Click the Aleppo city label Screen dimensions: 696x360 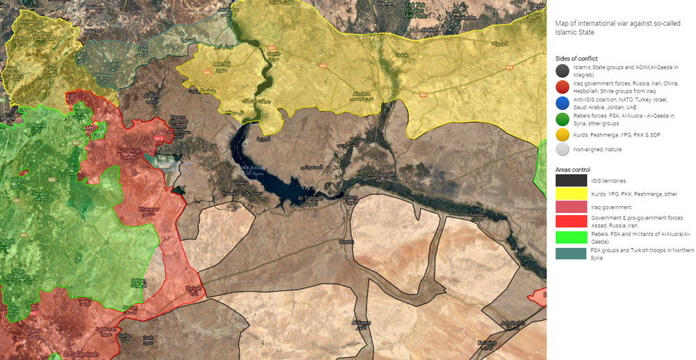[x=93, y=128]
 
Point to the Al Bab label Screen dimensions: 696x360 [x=153, y=95]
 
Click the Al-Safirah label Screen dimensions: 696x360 [x=130, y=150]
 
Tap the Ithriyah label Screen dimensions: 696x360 [x=193, y=288]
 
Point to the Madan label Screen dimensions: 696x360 [x=478, y=214]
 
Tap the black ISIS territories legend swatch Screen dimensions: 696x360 [x=569, y=180]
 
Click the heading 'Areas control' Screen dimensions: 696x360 [x=573, y=169]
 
